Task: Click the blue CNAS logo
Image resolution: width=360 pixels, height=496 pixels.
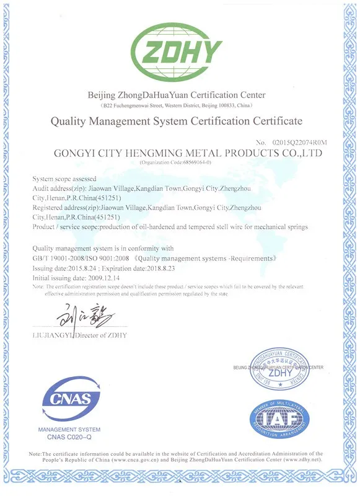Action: click(68, 399)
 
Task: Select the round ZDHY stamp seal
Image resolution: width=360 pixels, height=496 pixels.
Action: click(279, 371)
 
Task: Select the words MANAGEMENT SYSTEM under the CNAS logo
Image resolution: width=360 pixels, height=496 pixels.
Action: click(69, 430)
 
